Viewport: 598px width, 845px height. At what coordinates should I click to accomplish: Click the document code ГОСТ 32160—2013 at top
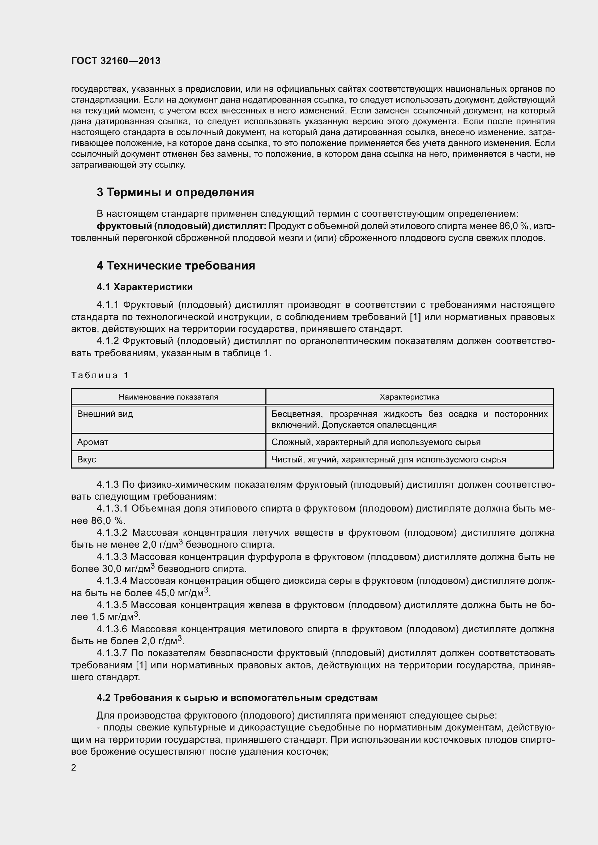[x=116, y=61]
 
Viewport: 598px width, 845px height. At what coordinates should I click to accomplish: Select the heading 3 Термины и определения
[x=175, y=192]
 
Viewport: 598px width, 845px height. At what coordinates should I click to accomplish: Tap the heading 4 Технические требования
[x=176, y=266]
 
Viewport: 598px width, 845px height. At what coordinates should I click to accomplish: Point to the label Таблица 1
[x=100, y=375]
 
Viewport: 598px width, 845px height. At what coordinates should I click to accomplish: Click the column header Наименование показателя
[x=168, y=397]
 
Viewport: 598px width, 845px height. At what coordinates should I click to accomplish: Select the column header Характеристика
[x=409, y=397]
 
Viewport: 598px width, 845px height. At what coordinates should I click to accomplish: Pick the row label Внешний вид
[x=105, y=414]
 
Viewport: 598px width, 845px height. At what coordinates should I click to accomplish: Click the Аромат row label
[x=93, y=442]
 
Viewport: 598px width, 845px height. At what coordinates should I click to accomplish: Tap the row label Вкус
[x=86, y=459]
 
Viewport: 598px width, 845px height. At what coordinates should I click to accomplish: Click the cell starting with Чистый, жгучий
[x=388, y=459]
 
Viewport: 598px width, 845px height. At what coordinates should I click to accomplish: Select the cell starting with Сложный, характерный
[x=376, y=442]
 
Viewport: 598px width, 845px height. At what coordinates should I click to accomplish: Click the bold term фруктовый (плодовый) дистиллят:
[x=181, y=225]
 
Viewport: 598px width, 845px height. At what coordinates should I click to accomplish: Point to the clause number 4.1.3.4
[x=112, y=581]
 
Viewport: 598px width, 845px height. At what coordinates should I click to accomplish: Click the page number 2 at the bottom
[x=74, y=768]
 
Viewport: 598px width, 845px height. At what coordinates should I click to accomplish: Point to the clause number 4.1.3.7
[x=112, y=653]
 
